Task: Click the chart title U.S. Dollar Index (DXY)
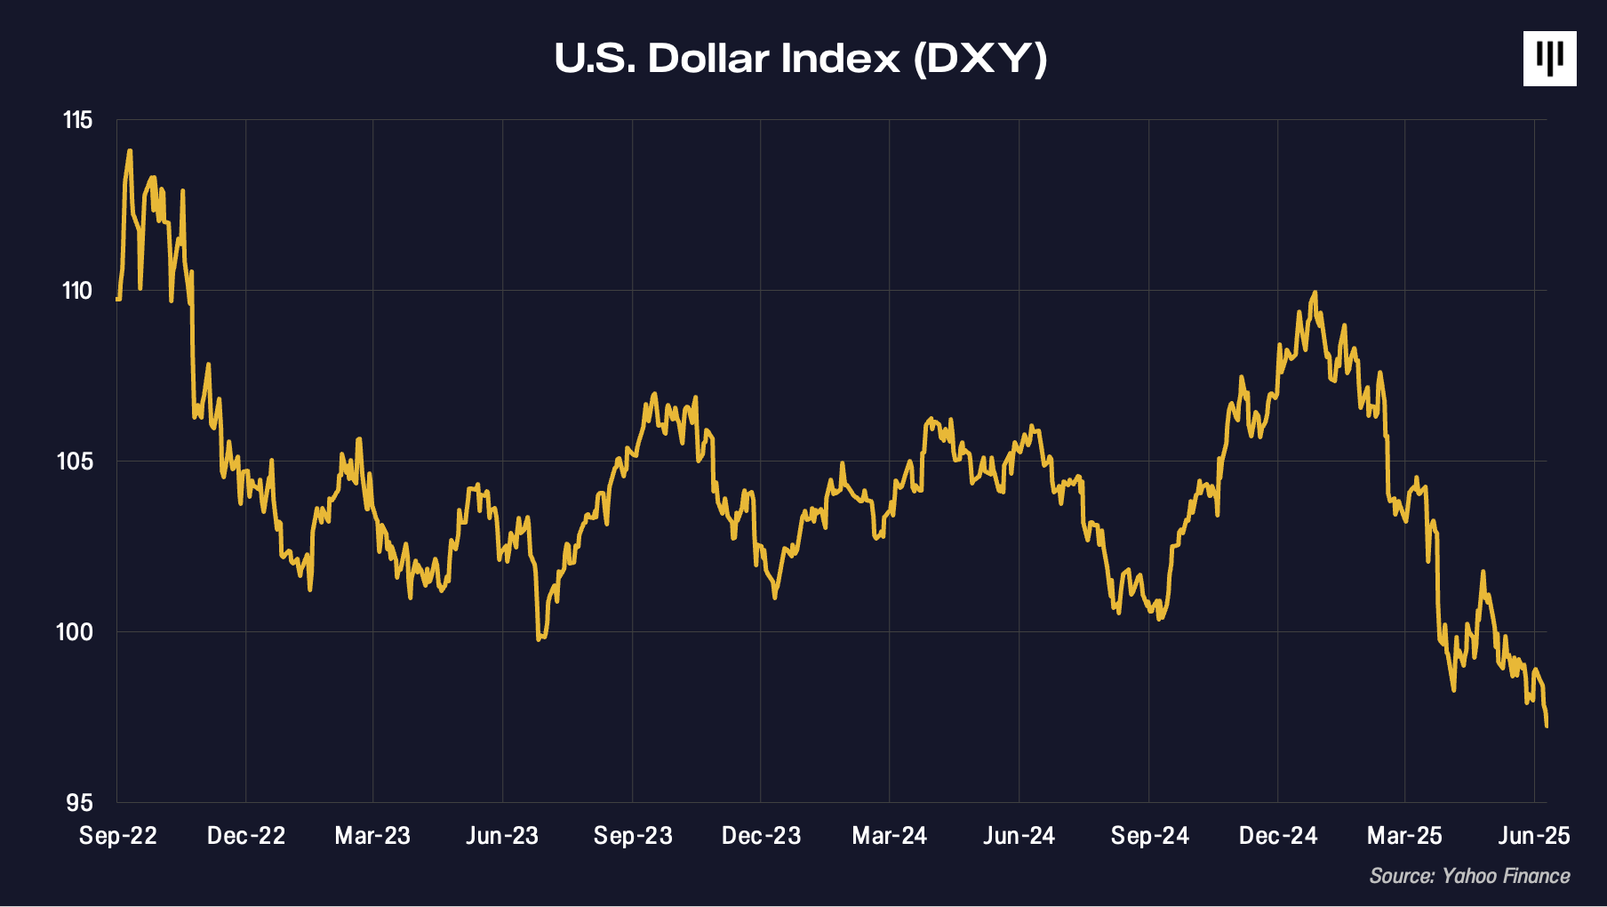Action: tap(801, 59)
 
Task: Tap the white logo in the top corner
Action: tap(1549, 59)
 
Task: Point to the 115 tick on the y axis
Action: tap(77, 120)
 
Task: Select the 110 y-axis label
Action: tap(76, 291)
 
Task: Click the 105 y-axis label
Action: tap(76, 462)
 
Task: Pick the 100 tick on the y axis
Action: tap(75, 632)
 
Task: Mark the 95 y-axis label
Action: tap(79, 803)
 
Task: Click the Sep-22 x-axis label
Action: tap(117, 836)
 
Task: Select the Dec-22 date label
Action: tap(246, 836)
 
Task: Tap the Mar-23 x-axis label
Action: tap(372, 836)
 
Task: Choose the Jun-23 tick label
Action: tap(502, 836)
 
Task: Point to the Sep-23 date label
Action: tap(633, 836)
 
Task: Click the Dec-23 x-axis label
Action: tap(761, 836)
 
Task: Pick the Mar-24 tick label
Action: tap(889, 836)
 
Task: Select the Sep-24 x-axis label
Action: tap(1149, 836)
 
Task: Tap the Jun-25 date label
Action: tap(1534, 836)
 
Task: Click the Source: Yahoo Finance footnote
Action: tap(1469, 876)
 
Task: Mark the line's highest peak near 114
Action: tap(130, 151)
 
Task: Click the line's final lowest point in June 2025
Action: tap(1547, 726)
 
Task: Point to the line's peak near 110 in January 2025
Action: tap(1315, 293)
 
